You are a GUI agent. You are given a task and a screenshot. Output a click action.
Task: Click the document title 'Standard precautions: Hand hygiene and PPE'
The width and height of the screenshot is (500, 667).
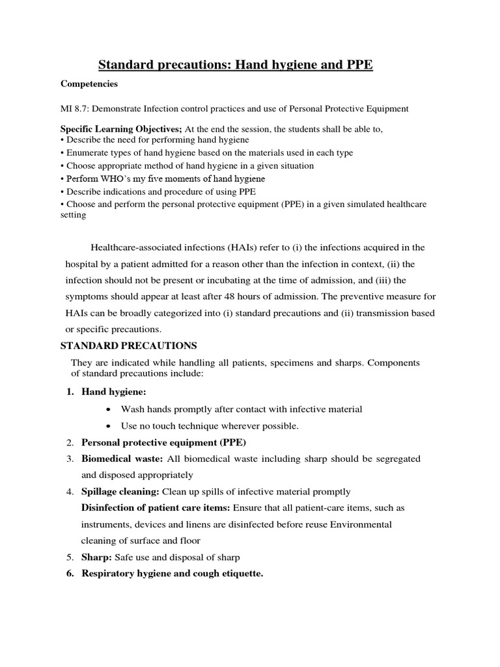coord(235,64)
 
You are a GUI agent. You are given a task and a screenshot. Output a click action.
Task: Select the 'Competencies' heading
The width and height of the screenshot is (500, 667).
coord(90,83)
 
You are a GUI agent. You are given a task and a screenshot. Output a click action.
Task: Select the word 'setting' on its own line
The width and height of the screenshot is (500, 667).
coord(73,214)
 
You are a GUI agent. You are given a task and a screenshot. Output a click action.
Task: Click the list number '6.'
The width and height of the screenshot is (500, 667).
coord(71,573)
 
